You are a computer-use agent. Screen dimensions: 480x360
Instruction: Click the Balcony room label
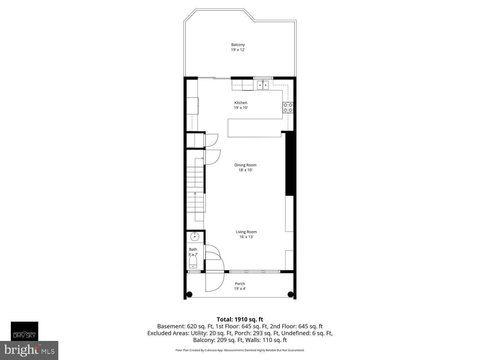[238, 45]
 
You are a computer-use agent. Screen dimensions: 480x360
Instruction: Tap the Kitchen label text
[241, 103]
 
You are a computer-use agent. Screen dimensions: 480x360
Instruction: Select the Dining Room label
[245, 165]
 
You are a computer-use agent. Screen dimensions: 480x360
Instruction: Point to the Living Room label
[246, 232]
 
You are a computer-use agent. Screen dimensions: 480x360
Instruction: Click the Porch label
[240, 284]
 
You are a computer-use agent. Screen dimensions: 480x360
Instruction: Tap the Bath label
[193, 249]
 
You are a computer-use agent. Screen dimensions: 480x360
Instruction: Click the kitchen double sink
[263, 85]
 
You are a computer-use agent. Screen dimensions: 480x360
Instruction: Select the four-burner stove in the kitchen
[288, 108]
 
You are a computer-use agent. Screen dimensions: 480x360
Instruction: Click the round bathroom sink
[194, 237]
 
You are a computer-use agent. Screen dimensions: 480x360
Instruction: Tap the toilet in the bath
[193, 262]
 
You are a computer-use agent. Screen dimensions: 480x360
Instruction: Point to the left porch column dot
[189, 294]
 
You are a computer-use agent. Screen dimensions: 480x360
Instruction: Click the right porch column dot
[290, 294]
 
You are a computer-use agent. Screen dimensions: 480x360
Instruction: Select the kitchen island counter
[255, 128]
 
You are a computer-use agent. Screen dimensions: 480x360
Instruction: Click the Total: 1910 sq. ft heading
[240, 319]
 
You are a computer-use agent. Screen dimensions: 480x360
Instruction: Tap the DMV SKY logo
[24, 331]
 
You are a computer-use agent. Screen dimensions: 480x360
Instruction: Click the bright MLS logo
[29, 350]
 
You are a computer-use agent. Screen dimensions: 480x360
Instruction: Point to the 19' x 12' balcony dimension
[238, 50]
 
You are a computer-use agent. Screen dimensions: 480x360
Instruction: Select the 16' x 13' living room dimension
[246, 237]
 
